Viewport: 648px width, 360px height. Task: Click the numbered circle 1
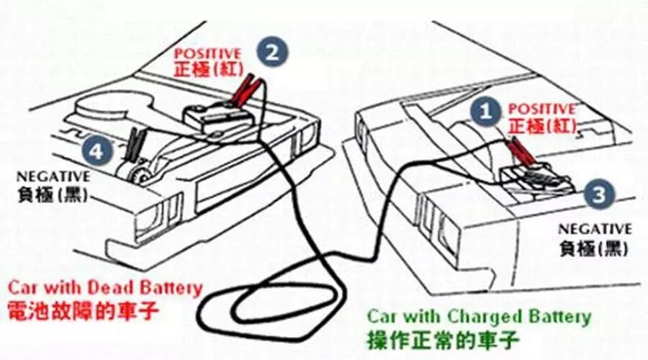tap(486, 111)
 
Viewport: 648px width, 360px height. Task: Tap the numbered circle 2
tap(272, 53)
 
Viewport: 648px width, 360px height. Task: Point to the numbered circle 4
tap(96, 151)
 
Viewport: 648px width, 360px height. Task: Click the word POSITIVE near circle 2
tap(208, 53)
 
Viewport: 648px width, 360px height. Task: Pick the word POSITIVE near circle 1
tap(541, 109)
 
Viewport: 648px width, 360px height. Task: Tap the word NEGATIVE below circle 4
tap(53, 177)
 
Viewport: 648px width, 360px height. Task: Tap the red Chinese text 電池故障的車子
tap(83, 311)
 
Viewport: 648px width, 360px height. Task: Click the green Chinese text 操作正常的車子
tap(443, 341)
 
